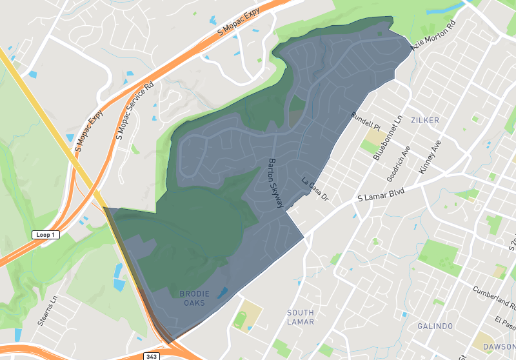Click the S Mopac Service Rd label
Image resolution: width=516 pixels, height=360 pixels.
[x=135, y=111]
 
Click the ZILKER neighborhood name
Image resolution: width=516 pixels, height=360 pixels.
[x=424, y=121]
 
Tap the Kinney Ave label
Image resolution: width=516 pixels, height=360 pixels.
[x=429, y=157]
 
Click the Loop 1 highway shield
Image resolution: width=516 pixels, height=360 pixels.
[x=46, y=235]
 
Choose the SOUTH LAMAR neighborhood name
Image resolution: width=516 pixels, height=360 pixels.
[x=301, y=317]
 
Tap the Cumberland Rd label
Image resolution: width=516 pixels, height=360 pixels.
[x=493, y=297]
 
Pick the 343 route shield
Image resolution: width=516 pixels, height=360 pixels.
[x=152, y=355]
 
